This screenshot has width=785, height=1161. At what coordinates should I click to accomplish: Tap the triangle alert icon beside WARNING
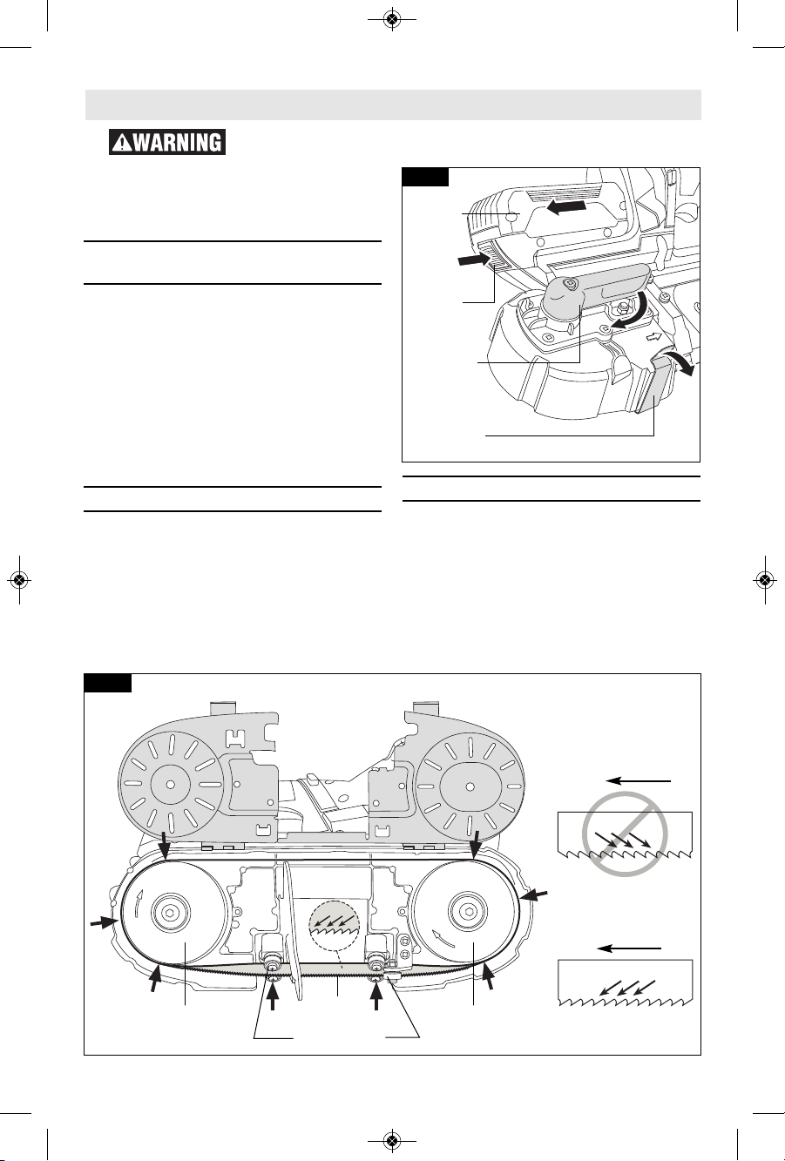click(x=121, y=143)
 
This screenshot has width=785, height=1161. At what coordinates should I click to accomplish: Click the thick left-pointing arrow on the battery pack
click(x=566, y=207)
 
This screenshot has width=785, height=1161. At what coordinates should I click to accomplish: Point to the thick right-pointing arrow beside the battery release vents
click(x=474, y=260)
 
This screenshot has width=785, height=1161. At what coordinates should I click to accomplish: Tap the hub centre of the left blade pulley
click(x=171, y=911)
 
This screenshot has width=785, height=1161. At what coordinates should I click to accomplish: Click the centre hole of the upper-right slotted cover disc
click(x=470, y=786)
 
